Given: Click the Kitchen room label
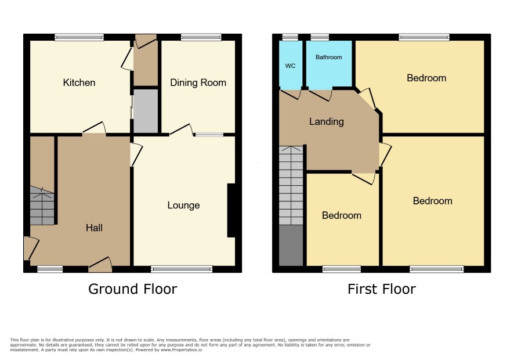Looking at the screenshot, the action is coord(79,82).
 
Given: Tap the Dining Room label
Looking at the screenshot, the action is coord(198,82).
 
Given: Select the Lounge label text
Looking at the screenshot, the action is coord(183,206).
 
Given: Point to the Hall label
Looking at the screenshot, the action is coord(94,228).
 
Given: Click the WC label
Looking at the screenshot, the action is coord(290,66).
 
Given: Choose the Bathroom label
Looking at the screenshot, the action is coord(328,57).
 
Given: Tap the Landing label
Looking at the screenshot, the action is coord(327,122).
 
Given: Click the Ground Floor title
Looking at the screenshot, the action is coord(132,289).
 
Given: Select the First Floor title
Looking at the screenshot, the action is coord(382,289).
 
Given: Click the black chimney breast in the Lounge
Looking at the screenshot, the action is coord(231,210).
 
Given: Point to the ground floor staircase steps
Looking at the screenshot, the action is coord(42,206).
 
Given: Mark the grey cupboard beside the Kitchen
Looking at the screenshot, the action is coord(146,111).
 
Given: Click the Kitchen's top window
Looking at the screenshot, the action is coord(79,37).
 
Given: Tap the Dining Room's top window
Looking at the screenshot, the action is coord(201,37).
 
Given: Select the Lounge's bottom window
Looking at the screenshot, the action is coord(182,269).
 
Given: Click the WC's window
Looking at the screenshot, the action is coord(291,37).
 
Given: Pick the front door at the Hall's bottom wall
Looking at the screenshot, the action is coord(100,265).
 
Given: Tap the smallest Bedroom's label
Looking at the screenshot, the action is coord(342,215).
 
